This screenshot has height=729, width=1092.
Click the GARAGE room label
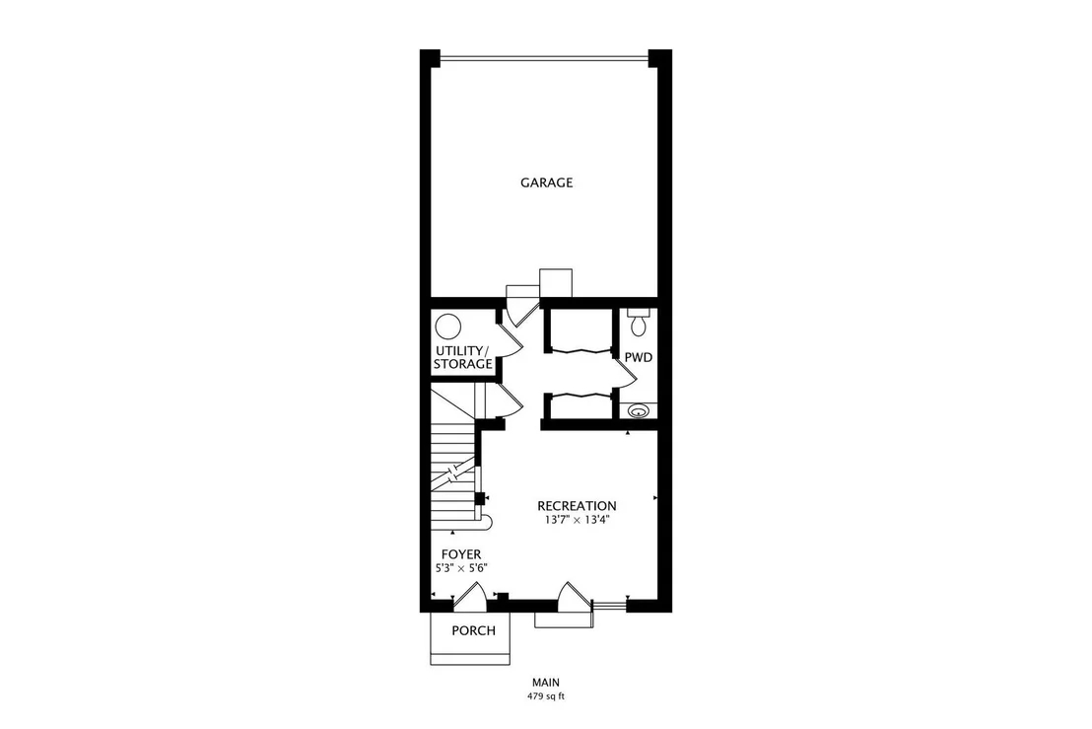pos(547,182)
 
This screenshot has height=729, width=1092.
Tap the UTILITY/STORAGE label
pos(463,357)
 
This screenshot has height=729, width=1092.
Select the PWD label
pos(638,357)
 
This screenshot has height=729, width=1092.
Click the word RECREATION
pos(577,506)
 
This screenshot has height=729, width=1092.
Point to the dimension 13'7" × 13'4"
pos(578,520)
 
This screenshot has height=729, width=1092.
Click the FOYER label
pos(461,554)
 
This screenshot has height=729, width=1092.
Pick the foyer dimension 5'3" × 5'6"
pos(461,568)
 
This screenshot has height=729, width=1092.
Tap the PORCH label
pos(474,630)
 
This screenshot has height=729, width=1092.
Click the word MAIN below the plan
pos(546,683)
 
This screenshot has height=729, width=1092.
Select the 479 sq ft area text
pos(546,696)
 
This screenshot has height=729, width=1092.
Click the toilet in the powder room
pos(638,322)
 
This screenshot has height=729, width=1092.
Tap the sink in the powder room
pos(638,411)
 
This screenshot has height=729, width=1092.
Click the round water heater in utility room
pos(447,327)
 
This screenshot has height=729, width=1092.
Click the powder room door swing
pos(627,375)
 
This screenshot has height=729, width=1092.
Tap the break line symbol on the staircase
pos(453,473)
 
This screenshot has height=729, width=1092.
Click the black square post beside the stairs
pos(479,498)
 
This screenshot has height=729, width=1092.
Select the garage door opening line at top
pos(545,57)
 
